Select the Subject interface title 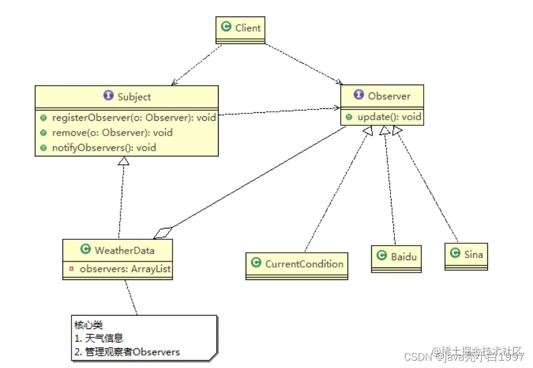point(134,97)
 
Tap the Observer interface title point(389,96)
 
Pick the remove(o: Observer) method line point(112,133)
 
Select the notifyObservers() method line point(104,147)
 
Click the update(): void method point(389,117)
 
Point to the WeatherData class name point(124,249)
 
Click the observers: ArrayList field point(125,269)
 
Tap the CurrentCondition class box point(297,264)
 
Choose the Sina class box point(466,255)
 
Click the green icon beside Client point(226,27)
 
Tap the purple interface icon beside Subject point(108,96)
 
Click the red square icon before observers point(71,269)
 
